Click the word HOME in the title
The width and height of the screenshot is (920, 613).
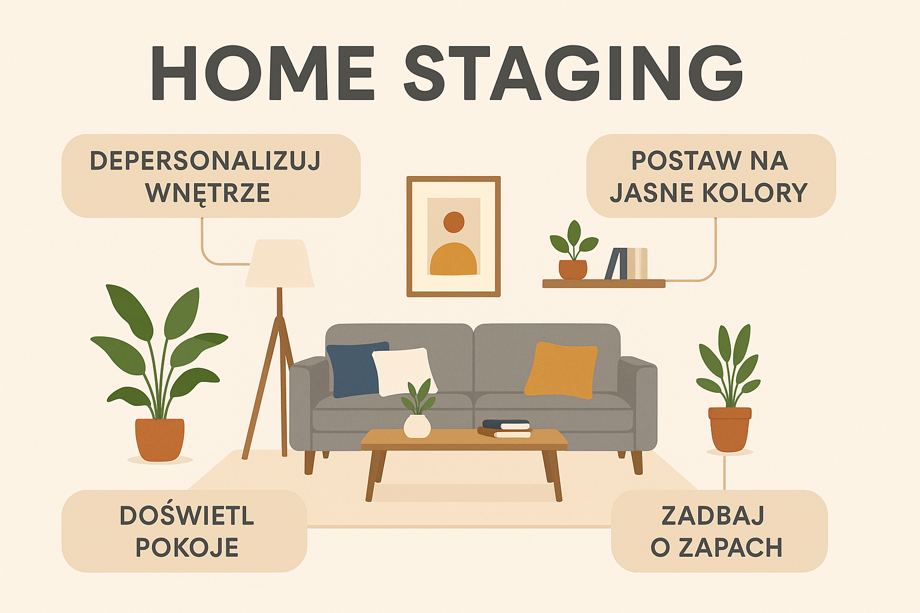click(x=263, y=73)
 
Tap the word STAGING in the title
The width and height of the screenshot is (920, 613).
click(x=573, y=73)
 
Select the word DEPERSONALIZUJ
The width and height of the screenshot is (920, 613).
click(x=205, y=160)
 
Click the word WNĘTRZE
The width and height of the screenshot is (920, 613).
click(x=207, y=193)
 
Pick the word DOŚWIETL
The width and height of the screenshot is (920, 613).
click(x=187, y=515)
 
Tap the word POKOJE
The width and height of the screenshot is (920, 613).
click(x=187, y=547)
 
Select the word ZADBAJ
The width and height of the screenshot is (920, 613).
click(x=713, y=515)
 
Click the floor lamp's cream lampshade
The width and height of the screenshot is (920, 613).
click(x=280, y=263)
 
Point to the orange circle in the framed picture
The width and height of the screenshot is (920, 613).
click(x=454, y=222)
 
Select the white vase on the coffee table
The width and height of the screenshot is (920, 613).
click(x=417, y=426)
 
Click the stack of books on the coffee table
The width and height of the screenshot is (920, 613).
click(x=505, y=429)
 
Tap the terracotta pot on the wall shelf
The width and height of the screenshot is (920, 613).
click(x=573, y=270)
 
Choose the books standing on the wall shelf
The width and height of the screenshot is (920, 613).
click(x=627, y=263)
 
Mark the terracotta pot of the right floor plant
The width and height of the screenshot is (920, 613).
click(x=730, y=429)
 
